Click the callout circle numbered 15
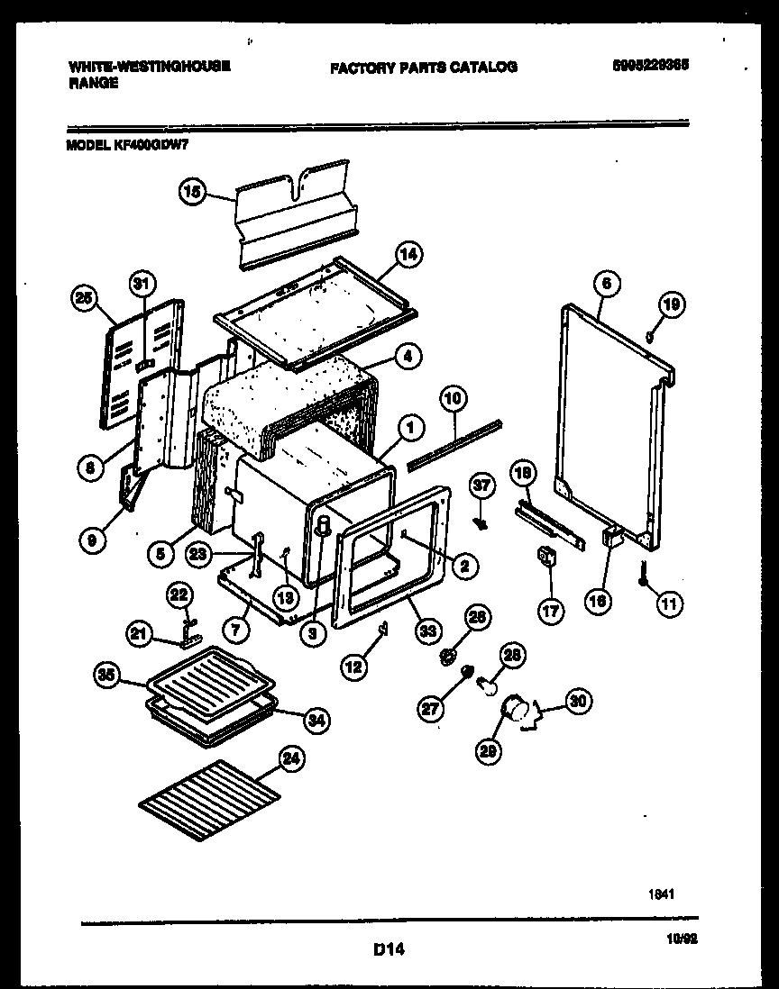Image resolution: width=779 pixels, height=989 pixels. coord(192,192)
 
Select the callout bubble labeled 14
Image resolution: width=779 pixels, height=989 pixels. coord(409,255)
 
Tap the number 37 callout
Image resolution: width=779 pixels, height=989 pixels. coord(482,485)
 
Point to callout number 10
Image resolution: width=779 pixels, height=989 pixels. coord(453,396)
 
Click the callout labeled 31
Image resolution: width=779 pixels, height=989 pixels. coord(139,284)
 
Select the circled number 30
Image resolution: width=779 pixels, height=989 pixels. coord(577,700)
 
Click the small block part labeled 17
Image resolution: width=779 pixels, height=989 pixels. coord(545,558)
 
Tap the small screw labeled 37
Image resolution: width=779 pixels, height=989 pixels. coord(481,522)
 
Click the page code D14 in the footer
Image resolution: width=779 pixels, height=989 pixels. coord(388,948)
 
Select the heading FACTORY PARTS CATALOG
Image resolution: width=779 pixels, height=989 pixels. coord(424,67)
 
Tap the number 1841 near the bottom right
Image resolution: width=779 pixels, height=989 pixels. coord(662,894)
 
